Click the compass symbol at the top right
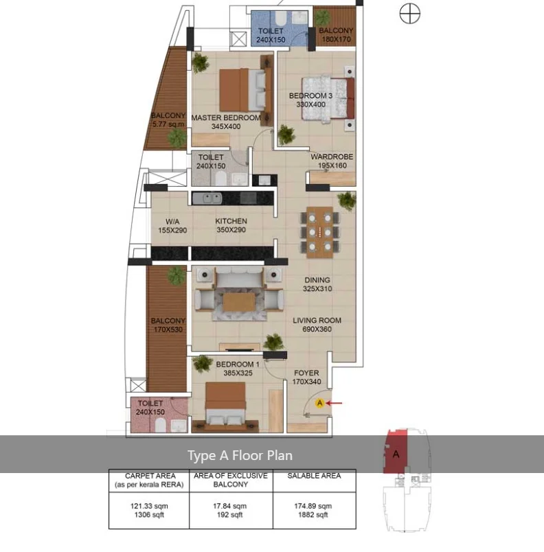[x=409, y=13]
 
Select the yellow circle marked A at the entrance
[x=319, y=404]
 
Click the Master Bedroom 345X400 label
[x=226, y=122]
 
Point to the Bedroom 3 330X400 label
[x=310, y=100]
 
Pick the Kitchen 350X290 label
[x=231, y=226]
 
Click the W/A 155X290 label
[x=172, y=226]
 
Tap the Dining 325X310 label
[x=317, y=284]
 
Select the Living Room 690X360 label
[x=317, y=325]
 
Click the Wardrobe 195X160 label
[x=332, y=161]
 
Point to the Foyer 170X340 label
[x=306, y=378]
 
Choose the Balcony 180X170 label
[x=336, y=35]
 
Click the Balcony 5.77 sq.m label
[x=168, y=120]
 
